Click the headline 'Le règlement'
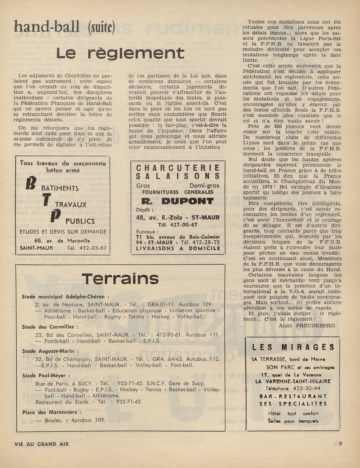[120, 53]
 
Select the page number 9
[340, 444]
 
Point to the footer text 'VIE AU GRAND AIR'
[42, 444]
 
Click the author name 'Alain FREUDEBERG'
[307, 325]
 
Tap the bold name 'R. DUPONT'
[178, 201]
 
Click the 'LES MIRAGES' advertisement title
[293, 347]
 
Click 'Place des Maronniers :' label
[50, 412]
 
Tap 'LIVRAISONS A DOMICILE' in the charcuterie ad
[178, 248]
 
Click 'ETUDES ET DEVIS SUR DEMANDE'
[63, 232]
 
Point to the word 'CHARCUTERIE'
[178, 168]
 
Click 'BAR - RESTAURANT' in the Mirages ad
[293, 396]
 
